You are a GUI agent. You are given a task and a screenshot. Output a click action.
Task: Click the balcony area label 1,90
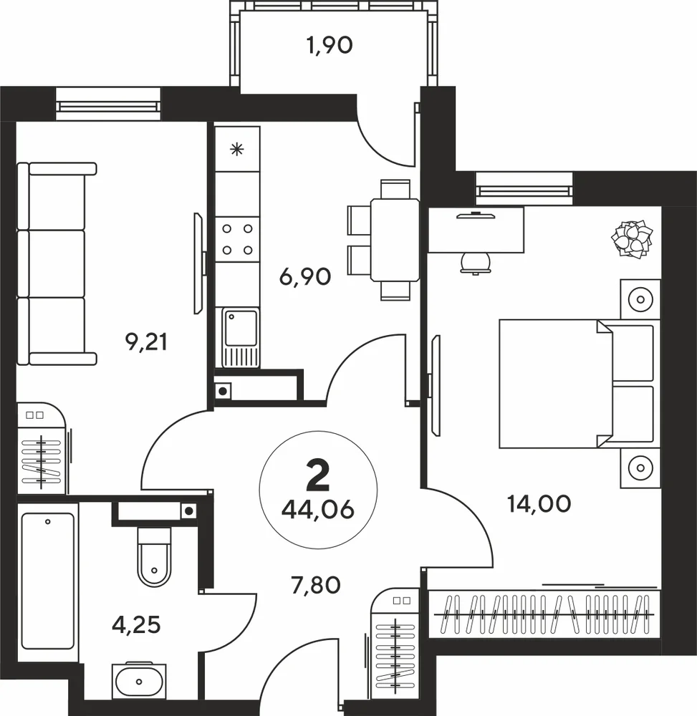tap(330, 46)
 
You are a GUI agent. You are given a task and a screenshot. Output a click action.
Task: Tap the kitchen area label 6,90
tap(305, 276)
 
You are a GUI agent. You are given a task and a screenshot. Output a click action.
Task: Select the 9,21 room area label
tap(146, 342)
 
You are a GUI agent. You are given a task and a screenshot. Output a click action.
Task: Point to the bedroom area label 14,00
tap(539, 504)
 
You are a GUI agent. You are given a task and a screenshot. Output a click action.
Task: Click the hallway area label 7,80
tap(316, 585)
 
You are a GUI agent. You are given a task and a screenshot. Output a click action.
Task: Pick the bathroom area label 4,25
tap(136, 625)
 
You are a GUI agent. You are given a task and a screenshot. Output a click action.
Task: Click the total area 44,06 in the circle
tap(318, 510)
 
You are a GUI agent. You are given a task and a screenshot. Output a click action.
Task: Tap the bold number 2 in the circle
tap(318, 475)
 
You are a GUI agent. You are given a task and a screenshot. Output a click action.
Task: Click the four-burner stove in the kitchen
tap(238, 239)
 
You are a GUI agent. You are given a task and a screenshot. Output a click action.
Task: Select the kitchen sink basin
tap(240, 328)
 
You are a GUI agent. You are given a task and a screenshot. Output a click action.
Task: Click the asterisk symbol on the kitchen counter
tap(236, 150)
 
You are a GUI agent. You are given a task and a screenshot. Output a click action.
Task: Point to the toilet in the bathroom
tap(154, 557)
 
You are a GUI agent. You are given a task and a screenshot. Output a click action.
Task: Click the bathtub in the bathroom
tap(48, 581)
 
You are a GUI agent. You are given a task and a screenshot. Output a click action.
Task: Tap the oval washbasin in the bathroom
tap(139, 682)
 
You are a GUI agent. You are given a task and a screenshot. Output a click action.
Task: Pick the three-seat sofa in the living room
tap(57, 264)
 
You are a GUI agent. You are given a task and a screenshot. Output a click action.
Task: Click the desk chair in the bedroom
tap(476, 264)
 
